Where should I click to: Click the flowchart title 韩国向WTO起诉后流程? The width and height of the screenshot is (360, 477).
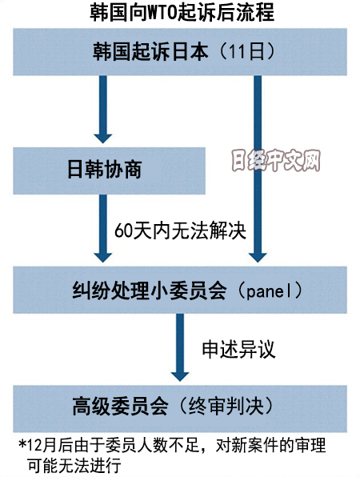click(x=182, y=13)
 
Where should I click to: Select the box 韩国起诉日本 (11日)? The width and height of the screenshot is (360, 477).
click(x=180, y=52)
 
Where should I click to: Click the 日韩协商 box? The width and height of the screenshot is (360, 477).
click(x=109, y=170)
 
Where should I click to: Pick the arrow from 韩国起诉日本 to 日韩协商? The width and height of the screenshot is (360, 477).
click(x=102, y=109)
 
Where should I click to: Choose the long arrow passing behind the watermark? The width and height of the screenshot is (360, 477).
click(x=258, y=169)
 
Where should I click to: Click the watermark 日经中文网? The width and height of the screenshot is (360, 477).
click(x=276, y=161)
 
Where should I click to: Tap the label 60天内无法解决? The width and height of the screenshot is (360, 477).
click(x=180, y=230)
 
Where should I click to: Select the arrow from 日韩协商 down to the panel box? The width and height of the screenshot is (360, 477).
click(x=102, y=228)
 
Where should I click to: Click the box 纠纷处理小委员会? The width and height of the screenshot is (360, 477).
click(x=180, y=290)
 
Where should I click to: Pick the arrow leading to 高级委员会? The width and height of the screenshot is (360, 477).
click(x=180, y=347)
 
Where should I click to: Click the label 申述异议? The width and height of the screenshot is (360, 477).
click(x=238, y=349)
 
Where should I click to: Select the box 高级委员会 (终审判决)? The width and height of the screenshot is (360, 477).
click(x=180, y=408)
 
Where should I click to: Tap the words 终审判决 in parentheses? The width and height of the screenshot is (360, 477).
click(x=226, y=406)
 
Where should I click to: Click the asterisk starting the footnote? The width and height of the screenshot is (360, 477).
click(x=22, y=444)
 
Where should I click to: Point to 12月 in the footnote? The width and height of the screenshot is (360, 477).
click(x=42, y=446)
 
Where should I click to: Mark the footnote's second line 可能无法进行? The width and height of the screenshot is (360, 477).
click(x=74, y=465)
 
